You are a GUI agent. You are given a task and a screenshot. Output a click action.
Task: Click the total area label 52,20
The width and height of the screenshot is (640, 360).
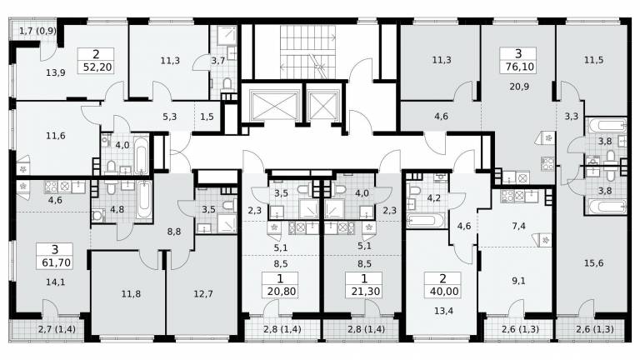pyautogui.click(x=97, y=67)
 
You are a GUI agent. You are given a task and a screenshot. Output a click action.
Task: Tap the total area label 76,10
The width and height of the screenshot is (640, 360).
pyautogui.click(x=519, y=67)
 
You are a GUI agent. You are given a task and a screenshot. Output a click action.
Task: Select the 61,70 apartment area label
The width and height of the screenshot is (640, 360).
pyautogui.click(x=56, y=262)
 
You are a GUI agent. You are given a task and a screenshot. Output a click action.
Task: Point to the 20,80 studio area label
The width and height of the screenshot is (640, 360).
pyautogui.click(x=281, y=292)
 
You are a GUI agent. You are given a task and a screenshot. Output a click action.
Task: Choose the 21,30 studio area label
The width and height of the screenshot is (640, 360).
pyautogui.click(x=365, y=292)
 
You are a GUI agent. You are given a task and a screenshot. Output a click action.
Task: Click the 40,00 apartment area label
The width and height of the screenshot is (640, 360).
pyautogui.click(x=443, y=292)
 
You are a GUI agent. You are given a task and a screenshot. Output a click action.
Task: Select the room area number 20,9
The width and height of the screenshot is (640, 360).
pyautogui.click(x=519, y=87)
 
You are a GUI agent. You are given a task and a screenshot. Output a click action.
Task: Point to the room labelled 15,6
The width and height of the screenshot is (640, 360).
pyautogui.click(x=593, y=263)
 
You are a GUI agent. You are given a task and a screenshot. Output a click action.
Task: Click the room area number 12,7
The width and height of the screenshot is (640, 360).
pyautogui.click(x=202, y=294)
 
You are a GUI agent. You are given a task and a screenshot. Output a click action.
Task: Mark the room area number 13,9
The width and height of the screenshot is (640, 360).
pyautogui.click(x=56, y=73)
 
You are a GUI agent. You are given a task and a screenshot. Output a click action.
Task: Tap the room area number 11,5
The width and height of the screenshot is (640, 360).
pyautogui.click(x=593, y=60)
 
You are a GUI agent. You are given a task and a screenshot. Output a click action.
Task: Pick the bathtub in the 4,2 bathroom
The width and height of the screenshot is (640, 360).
pyautogui.click(x=426, y=220)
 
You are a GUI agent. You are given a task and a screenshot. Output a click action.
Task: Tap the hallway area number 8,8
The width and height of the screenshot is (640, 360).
pyautogui.click(x=174, y=232)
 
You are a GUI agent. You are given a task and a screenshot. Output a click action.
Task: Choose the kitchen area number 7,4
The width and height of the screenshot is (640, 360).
pyautogui.click(x=518, y=226)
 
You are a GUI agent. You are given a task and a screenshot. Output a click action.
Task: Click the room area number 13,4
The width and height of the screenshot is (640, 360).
pyautogui.click(x=443, y=311)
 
